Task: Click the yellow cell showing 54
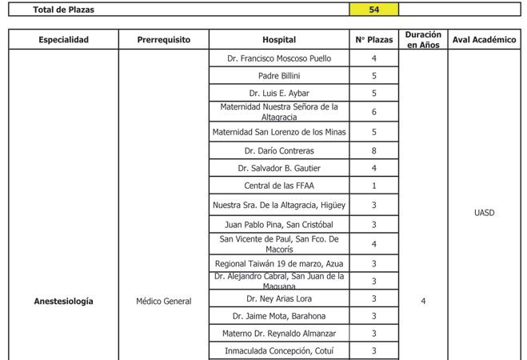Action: tap(373, 10)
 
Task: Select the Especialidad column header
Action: tap(63, 39)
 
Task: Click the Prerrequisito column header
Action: tap(163, 39)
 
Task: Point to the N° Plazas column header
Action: tap(373, 39)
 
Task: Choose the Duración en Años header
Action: tap(423, 39)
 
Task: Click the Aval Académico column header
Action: tap(485, 39)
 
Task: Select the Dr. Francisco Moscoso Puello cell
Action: tap(279, 58)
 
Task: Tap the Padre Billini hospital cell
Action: tap(279, 76)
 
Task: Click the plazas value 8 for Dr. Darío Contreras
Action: tap(373, 150)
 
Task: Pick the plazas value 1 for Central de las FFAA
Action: tap(373, 186)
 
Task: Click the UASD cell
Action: tap(485, 213)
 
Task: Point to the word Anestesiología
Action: tap(63, 301)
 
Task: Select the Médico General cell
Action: tap(163, 301)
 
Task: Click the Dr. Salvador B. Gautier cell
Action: tap(279, 168)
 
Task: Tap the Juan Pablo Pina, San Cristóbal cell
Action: tap(279, 225)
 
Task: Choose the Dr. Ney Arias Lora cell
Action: tap(279, 298)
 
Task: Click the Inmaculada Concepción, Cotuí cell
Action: tap(279, 350)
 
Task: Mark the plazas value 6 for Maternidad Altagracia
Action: tap(373, 112)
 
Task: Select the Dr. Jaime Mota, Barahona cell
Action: tap(279, 315)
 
